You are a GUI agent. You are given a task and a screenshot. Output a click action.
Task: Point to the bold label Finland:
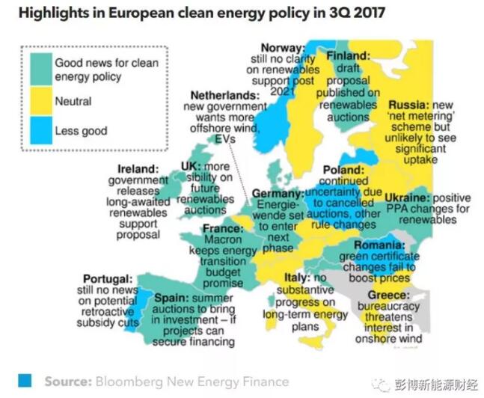349,55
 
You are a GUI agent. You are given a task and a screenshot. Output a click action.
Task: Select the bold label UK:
191,166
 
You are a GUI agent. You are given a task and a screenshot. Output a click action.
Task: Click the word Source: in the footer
68,381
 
